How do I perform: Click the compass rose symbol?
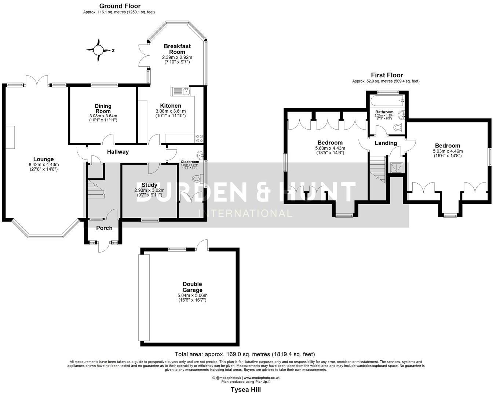tap(98, 50)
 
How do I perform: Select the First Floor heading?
tap(387, 75)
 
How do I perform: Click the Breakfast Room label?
tap(177, 49)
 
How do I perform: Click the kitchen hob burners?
tap(199, 138)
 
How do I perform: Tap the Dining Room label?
tap(103, 109)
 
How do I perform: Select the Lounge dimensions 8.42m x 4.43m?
tap(43, 164)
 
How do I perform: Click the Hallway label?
tap(118, 152)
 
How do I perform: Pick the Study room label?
tap(149, 185)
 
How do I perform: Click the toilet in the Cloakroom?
tap(197, 179)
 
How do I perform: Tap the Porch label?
tap(104, 228)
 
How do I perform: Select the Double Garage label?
tap(193, 287)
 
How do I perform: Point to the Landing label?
tap(386, 143)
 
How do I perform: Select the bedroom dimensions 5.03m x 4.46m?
tap(448, 151)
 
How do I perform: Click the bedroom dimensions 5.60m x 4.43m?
tap(330, 148)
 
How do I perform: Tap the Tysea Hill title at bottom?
tap(245, 389)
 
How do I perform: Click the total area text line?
tap(245, 354)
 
